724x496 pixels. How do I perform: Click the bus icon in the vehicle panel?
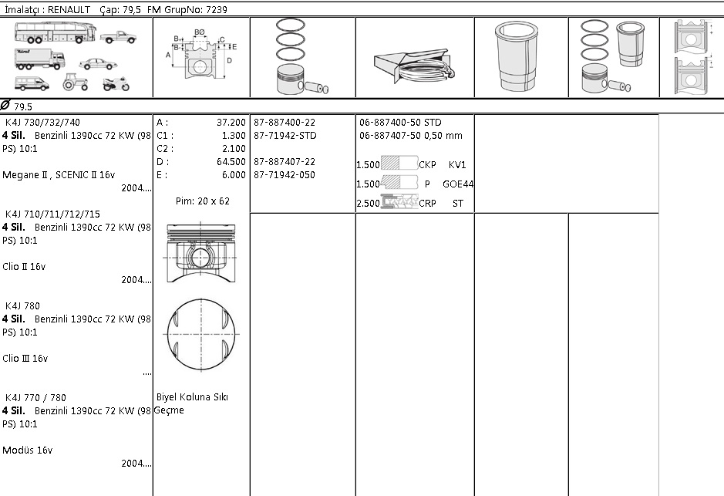(56, 33)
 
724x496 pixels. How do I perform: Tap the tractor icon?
(76, 83)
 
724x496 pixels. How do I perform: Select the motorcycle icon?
(116, 83)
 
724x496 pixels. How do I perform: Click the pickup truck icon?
(118, 37)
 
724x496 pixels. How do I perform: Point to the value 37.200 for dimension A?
(231, 123)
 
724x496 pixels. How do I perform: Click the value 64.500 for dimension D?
(231, 162)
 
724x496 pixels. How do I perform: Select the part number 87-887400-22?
(285, 123)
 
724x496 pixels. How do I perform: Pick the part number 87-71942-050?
(285, 174)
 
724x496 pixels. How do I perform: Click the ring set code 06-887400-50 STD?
(400, 123)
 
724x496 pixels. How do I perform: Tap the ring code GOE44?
(458, 184)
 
